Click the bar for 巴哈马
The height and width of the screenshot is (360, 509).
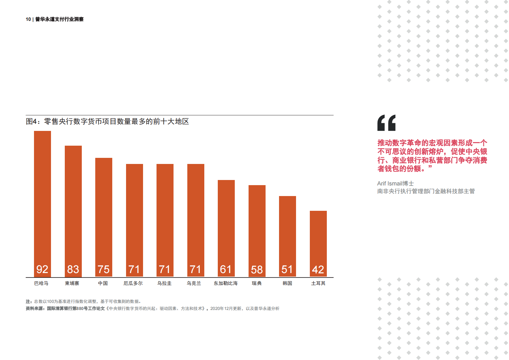point(42,199)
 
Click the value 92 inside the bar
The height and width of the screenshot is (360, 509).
point(42,269)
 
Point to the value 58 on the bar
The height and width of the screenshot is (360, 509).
point(257,270)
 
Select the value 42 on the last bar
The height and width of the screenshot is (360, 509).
point(318,270)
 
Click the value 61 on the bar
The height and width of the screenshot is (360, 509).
point(226,269)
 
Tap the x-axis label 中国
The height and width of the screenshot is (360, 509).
point(103,283)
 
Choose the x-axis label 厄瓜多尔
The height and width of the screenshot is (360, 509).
point(133,283)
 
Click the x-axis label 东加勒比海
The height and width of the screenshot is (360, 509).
point(226,283)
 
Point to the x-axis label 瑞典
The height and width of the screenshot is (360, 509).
point(257,283)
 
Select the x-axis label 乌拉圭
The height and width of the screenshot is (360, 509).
point(164,283)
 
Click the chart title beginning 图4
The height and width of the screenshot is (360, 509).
point(107,122)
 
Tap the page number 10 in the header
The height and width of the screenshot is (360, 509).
point(28,19)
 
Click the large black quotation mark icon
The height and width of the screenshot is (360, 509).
point(386,123)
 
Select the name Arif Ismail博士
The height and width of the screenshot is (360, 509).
point(395,184)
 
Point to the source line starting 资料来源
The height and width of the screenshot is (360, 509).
point(152,308)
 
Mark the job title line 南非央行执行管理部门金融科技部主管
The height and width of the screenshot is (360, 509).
point(426,191)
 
